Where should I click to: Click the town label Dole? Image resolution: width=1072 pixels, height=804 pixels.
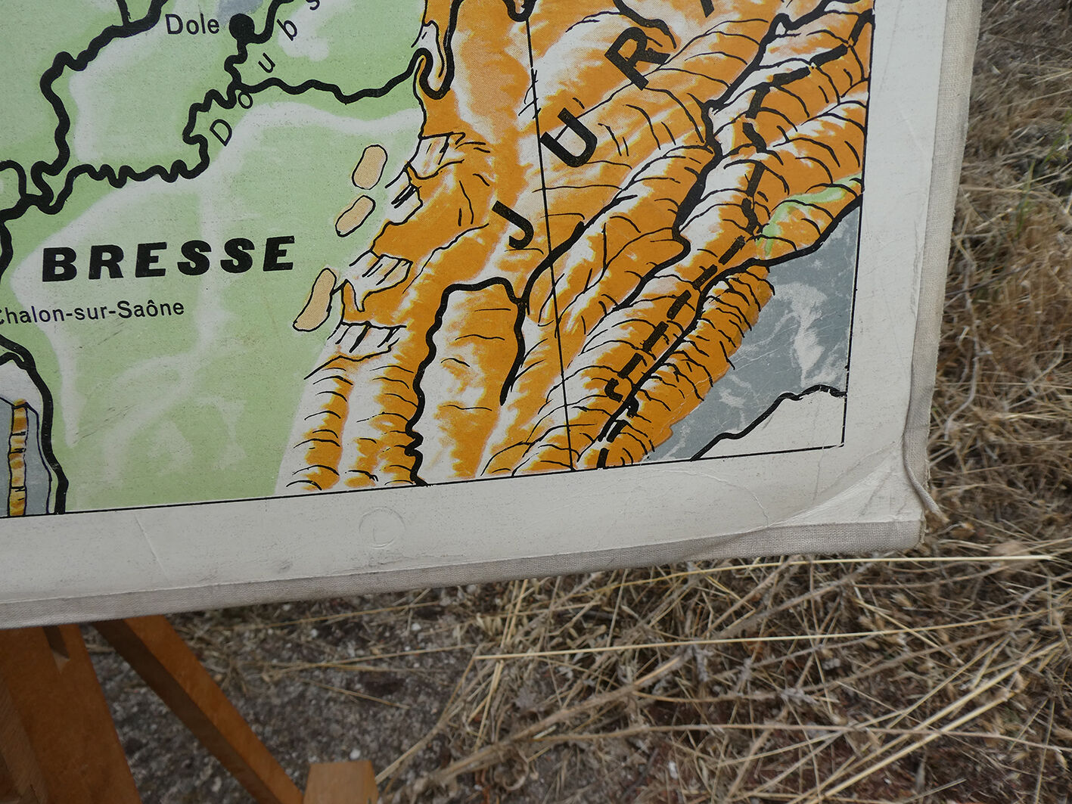point(191,25)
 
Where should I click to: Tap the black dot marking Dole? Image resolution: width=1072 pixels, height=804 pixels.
point(242,26)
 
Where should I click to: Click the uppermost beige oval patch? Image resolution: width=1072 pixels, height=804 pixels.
point(369,166)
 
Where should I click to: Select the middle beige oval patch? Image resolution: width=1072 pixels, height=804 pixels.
point(354,215)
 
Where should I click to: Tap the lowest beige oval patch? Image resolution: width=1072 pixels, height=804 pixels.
point(315,300)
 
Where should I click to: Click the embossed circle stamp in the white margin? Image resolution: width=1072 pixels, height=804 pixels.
point(381,527)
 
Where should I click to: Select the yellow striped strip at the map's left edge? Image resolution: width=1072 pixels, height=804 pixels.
point(17,458)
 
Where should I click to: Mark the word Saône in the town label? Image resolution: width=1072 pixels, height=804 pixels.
point(160,309)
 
